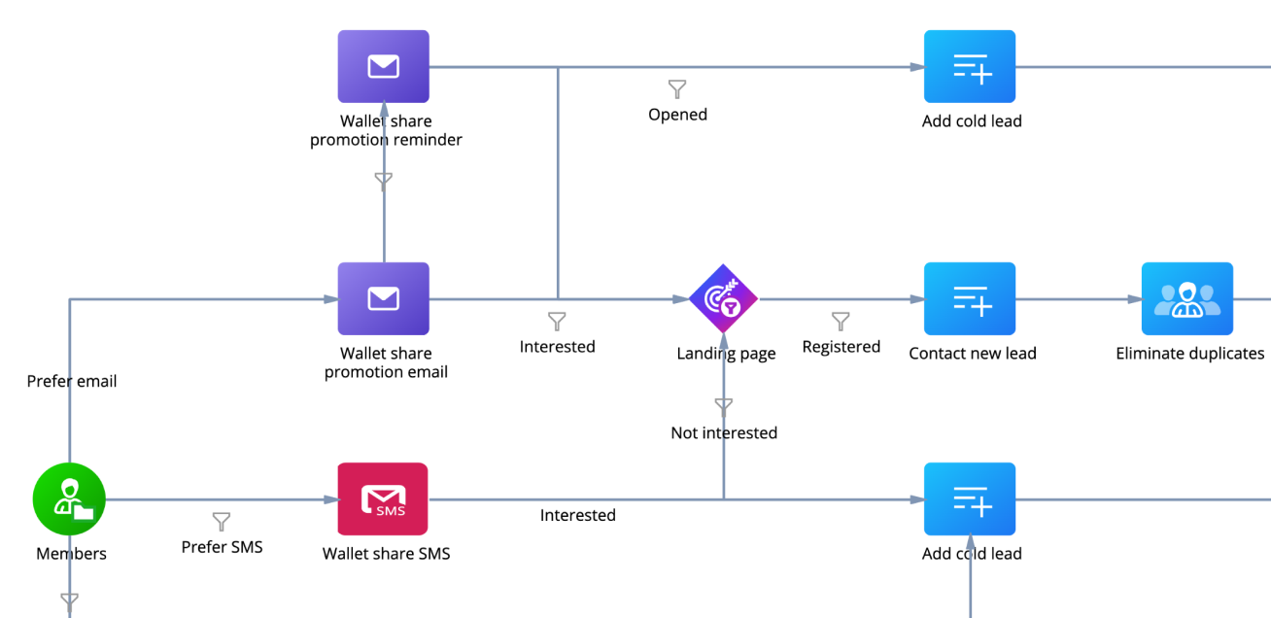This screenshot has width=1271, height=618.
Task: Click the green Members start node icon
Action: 69,499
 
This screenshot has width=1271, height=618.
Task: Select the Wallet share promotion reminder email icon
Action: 384,66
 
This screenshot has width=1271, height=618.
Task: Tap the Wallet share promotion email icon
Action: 384,298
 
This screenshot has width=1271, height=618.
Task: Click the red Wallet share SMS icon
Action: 383,498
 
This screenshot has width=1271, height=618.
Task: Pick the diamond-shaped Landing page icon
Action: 724,299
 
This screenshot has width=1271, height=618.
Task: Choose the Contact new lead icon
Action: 970,298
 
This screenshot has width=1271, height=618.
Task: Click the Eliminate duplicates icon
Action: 1186,298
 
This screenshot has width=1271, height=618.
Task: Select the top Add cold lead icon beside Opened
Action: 970,66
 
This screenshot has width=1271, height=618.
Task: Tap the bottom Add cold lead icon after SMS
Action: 970,498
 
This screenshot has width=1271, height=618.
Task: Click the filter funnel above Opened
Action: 677,89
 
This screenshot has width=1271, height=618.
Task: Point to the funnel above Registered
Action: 841,321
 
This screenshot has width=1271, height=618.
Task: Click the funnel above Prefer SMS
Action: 222,522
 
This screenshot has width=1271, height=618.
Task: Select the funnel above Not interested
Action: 723,406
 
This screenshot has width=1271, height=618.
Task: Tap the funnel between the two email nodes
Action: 384,180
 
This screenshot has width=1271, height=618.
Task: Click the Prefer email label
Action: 72,382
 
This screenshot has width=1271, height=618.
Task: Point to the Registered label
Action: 841,347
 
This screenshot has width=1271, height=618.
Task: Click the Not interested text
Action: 724,432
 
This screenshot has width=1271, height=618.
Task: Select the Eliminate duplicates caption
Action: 1189,354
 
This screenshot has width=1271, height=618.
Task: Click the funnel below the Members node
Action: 69,601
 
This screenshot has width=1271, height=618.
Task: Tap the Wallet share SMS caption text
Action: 386,554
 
